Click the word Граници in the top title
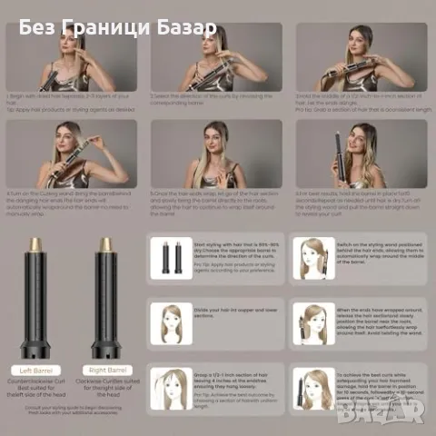tap(110, 27)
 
